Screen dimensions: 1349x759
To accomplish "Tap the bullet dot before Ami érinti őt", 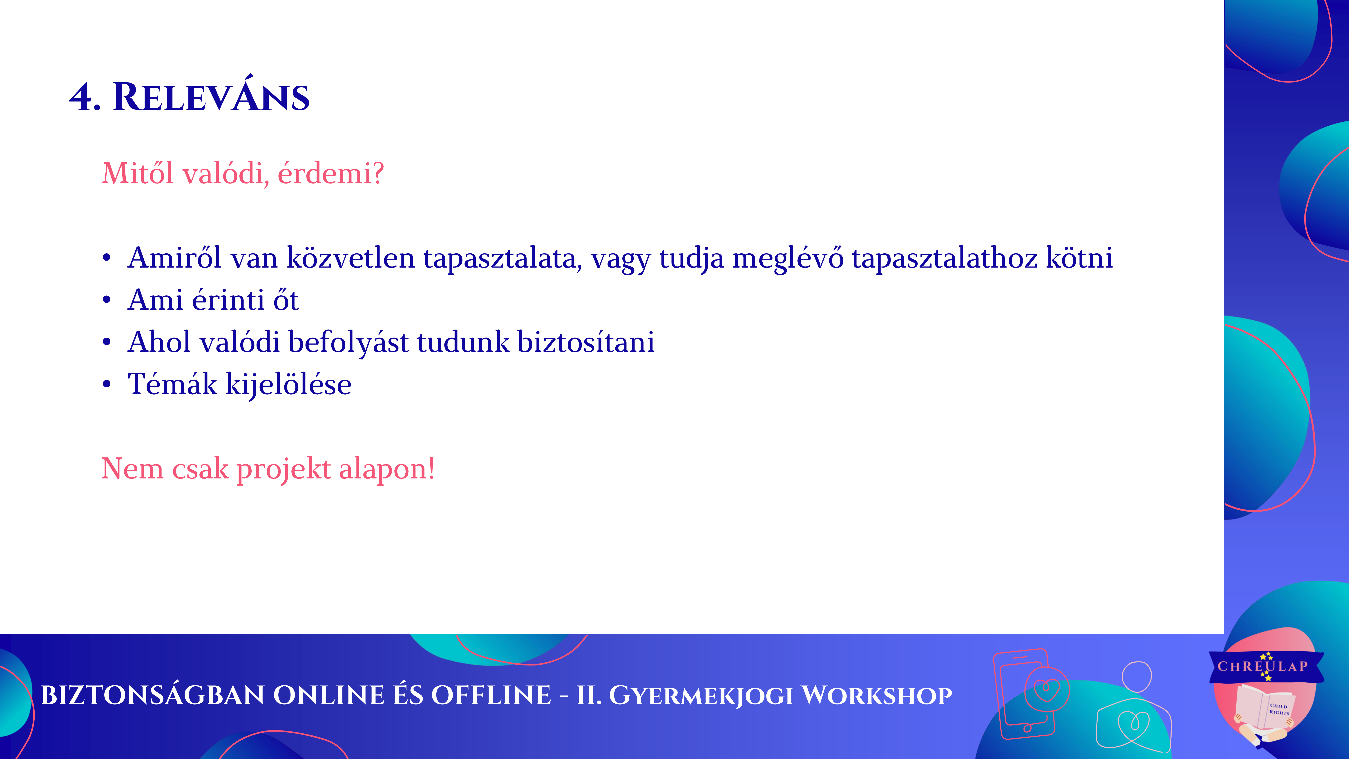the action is tap(107, 300).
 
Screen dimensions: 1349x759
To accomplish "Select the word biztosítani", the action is tap(586, 342).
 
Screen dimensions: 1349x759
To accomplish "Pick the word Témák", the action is tap(172, 384).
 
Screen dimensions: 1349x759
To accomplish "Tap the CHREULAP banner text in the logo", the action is tap(1263, 666).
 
